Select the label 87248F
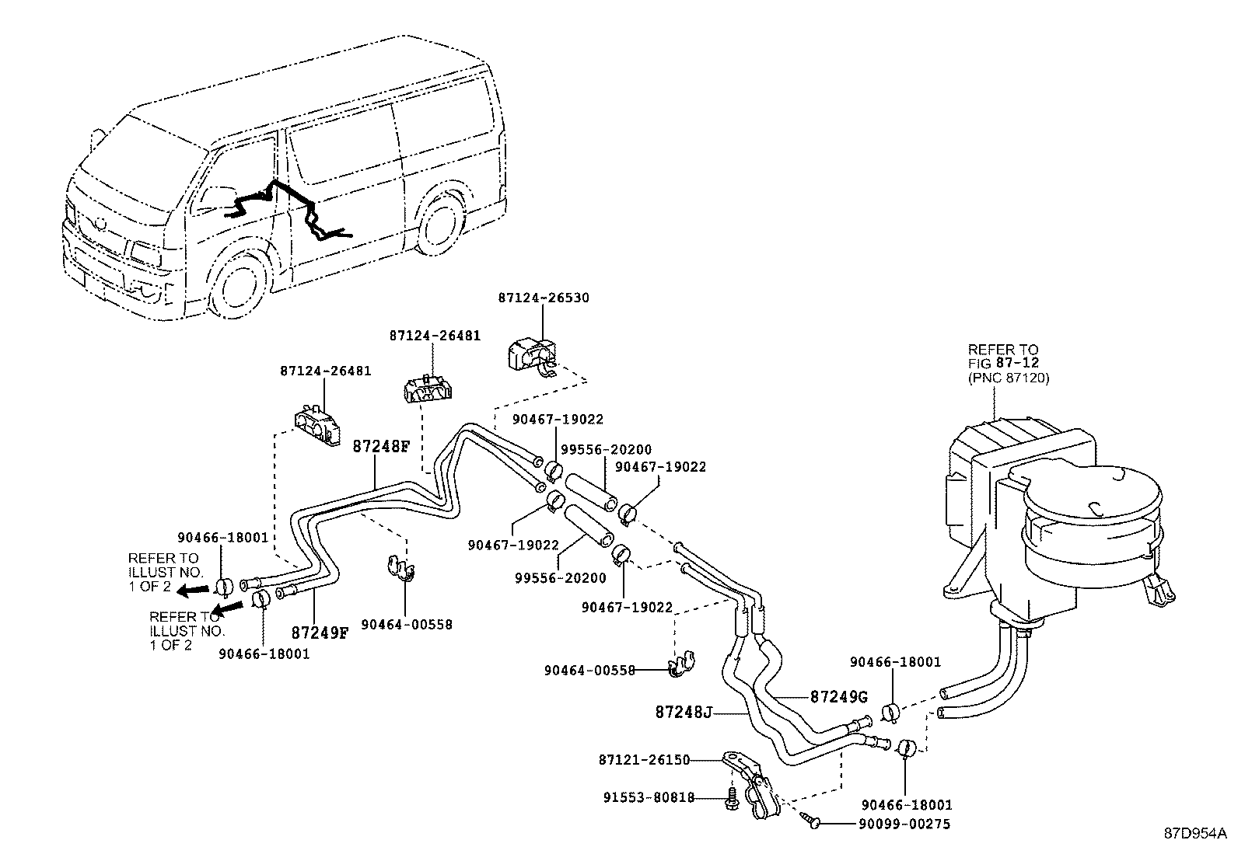(381, 446)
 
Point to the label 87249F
(320, 633)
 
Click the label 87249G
(839, 696)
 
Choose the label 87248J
(684, 712)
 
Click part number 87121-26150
(644, 759)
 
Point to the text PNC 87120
(1009, 378)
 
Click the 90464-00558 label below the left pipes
(406, 624)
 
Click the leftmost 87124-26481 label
(325, 371)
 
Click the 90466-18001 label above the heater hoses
(895, 662)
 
